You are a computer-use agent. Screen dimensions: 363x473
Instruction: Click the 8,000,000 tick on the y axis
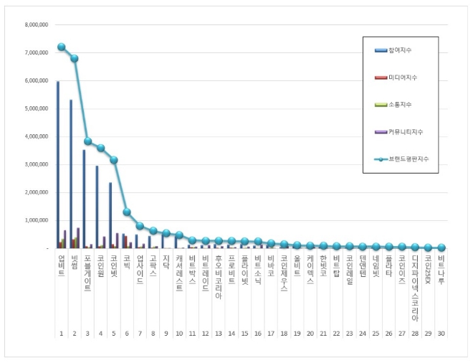(x=36, y=24)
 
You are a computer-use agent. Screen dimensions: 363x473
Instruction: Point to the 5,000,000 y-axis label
(x=36, y=108)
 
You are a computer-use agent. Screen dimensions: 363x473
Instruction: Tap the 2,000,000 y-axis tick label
(x=36, y=192)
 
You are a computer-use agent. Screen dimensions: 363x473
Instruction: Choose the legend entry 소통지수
(x=399, y=104)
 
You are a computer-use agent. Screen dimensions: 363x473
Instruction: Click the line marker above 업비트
(x=62, y=47)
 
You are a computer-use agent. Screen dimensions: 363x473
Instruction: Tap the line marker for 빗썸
(x=75, y=59)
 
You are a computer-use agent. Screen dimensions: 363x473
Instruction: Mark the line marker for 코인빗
(x=114, y=160)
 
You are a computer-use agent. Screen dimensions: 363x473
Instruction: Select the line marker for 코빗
(x=127, y=212)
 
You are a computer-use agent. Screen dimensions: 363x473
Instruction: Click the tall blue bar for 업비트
(x=58, y=165)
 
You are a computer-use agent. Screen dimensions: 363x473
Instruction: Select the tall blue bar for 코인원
(x=97, y=207)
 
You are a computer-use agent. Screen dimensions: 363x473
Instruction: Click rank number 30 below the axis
(x=441, y=334)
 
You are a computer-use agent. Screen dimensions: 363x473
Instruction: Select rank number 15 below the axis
(x=244, y=334)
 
